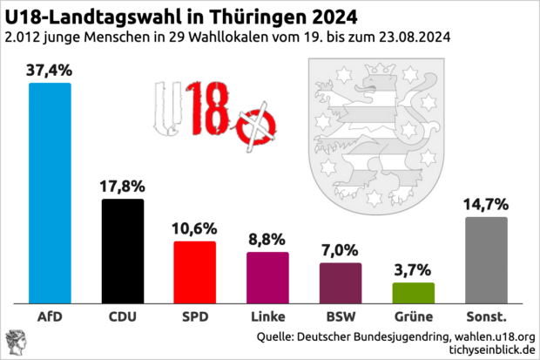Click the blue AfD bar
(50, 192)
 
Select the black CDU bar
(123, 250)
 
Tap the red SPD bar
(195, 271)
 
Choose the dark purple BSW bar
(340, 282)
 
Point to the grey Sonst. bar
(486, 259)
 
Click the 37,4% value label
(50, 70)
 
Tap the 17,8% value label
(123, 186)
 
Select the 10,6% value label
(195, 228)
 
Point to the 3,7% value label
(413, 269)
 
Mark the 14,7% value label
(486, 204)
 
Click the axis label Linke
(267, 315)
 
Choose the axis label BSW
(340, 315)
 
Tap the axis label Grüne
(413, 315)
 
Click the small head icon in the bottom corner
(15, 343)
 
